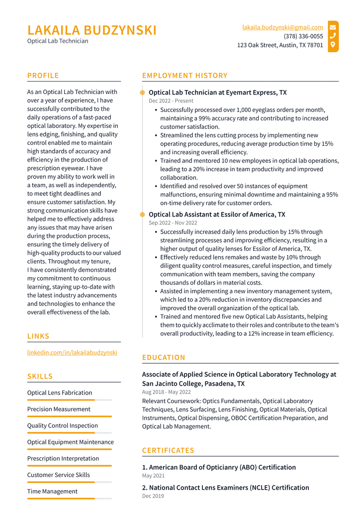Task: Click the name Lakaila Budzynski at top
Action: [92, 30]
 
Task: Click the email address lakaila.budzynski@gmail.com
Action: [282, 27]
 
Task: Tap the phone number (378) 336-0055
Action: [303, 36]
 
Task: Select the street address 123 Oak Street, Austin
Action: [280, 45]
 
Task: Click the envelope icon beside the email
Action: [333, 27]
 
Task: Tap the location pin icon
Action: [333, 45]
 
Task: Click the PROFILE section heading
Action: [43, 76]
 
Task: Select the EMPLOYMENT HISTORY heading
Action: [184, 76]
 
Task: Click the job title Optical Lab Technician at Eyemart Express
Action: [217, 93]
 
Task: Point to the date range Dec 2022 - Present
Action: [171, 101]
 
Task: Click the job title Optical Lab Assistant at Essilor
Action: [217, 214]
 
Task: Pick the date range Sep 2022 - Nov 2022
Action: [173, 223]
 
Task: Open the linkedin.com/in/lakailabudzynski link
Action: [72, 352]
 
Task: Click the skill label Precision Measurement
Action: [59, 409]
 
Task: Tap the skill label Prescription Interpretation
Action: [63, 458]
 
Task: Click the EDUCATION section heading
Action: [164, 357]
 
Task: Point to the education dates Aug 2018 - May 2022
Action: [166, 392]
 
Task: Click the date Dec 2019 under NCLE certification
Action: [153, 496]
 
